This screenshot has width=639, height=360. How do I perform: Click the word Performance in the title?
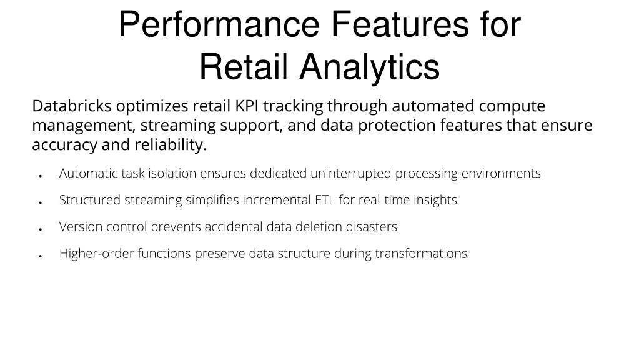pyautogui.click(x=219, y=24)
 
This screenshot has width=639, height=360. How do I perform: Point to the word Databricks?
pyautogui.click(x=72, y=106)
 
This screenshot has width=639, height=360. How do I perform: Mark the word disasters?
pyautogui.click(x=371, y=227)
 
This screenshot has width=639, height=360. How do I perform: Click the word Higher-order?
pyautogui.click(x=97, y=254)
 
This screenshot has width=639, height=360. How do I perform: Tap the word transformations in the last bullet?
pyautogui.click(x=421, y=254)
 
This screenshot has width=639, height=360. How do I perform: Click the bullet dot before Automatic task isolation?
pyautogui.click(x=41, y=176)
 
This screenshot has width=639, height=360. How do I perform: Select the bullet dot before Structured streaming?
pyautogui.click(x=41, y=202)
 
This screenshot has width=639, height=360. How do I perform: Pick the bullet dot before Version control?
pyautogui.click(x=41, y=229)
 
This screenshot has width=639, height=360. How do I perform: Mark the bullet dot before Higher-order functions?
pyautogui.click(x=41, y=256)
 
